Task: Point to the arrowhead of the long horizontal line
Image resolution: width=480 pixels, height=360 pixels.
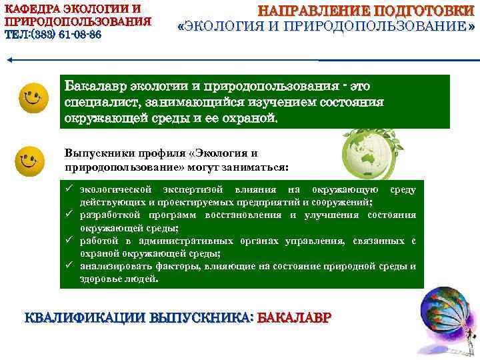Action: coord(9,60)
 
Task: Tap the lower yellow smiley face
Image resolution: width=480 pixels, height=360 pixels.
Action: coord(30,161)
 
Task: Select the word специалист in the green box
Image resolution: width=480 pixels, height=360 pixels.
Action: coord(98,103)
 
